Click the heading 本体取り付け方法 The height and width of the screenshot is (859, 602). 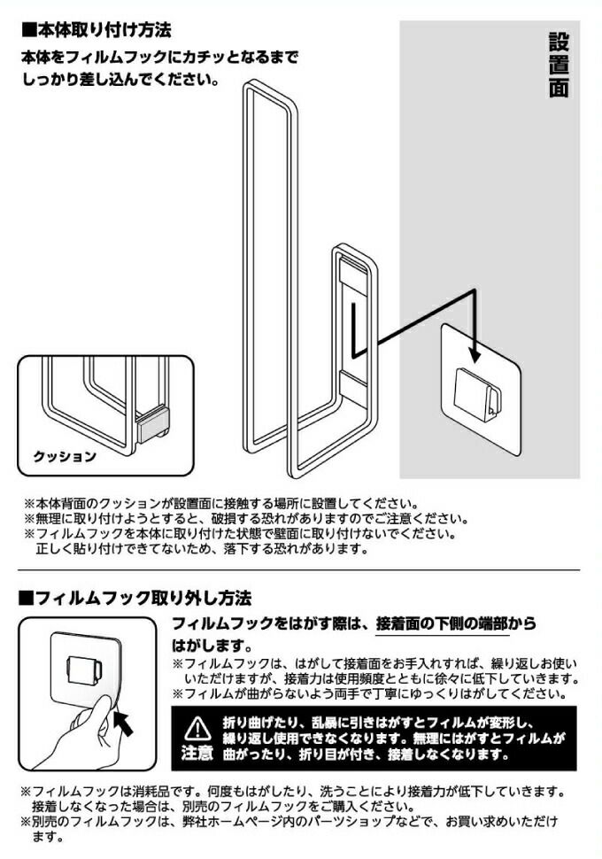96,29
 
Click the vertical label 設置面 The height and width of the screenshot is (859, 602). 559,66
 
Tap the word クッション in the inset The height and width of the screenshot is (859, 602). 65,456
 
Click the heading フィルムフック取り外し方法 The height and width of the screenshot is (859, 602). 135,597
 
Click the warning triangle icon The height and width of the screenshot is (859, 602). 195,730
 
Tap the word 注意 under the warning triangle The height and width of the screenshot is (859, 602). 197,753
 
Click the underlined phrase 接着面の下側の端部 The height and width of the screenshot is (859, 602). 442,624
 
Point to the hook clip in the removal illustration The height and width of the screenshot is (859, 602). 83,669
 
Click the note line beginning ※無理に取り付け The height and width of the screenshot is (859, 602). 246,518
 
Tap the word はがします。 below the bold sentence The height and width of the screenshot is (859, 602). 212,645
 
